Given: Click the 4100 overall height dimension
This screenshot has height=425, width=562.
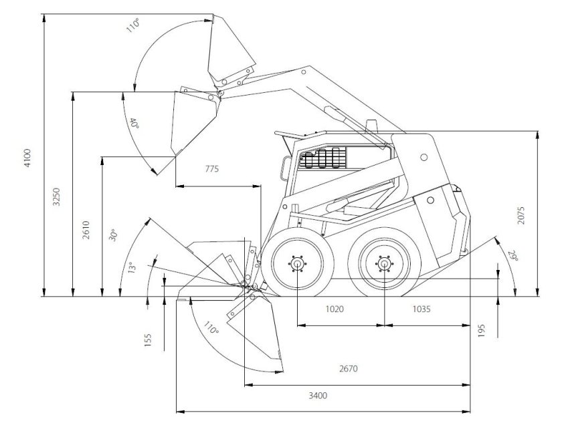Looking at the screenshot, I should pos(27,158).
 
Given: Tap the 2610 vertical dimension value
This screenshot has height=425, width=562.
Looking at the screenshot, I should pos(86,229).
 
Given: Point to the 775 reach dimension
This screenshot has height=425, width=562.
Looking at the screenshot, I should pos(211,169).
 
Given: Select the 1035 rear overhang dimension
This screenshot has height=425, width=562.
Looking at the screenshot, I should pos(421,309).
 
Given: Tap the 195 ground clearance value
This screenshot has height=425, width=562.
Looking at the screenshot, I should pos(482,329).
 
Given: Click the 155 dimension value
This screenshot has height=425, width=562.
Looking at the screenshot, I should pos(149,339).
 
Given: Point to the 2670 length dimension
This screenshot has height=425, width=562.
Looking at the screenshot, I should pos(350,368).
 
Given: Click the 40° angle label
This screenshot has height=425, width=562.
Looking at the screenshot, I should pos(134,124).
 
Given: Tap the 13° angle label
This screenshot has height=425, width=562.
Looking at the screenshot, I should pos(132,267).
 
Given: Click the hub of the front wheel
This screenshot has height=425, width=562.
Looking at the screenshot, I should pos(296,263).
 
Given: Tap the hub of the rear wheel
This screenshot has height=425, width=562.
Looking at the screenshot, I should pos(384,264).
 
